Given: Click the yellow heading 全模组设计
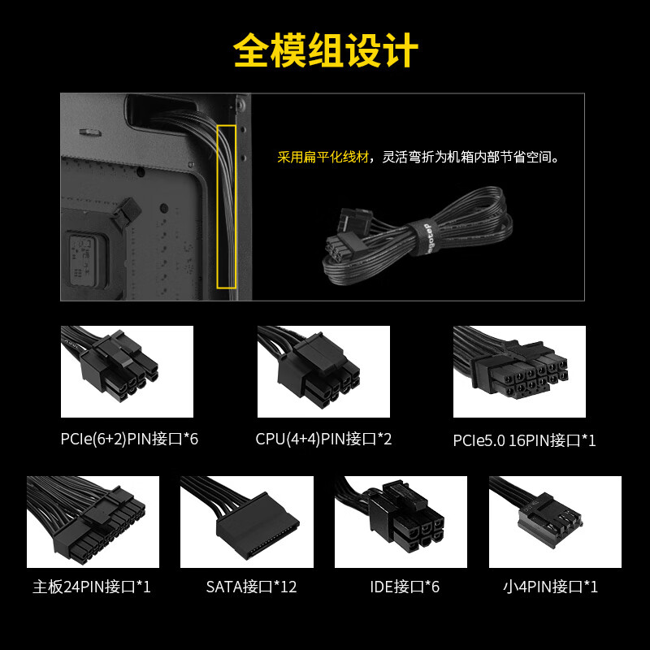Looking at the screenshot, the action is (326, 50).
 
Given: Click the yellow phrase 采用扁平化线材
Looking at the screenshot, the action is (323, 157).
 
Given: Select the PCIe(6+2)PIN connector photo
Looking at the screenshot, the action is (127, 371).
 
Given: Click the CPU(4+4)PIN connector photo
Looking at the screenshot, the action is (323, 371).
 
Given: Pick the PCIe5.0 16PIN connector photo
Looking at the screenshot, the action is (519, 371).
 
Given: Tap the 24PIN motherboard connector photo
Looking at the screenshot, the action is (93, 522).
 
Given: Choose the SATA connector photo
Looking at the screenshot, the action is (247, 522).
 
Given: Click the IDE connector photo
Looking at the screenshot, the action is (401, 522).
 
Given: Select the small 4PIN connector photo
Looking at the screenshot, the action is (555, 522).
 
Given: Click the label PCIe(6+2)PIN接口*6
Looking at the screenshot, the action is (129, 439).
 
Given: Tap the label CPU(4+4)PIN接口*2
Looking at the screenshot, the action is (323, 439).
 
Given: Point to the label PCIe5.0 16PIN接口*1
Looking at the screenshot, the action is (524, 440).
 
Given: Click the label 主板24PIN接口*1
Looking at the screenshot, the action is (92, 587).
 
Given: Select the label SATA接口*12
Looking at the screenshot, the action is (251, 587).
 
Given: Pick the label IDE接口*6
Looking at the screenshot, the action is (405, 587).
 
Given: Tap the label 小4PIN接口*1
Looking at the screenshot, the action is (551, 587).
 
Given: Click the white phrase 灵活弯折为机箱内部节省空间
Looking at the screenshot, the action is (466, 157).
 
